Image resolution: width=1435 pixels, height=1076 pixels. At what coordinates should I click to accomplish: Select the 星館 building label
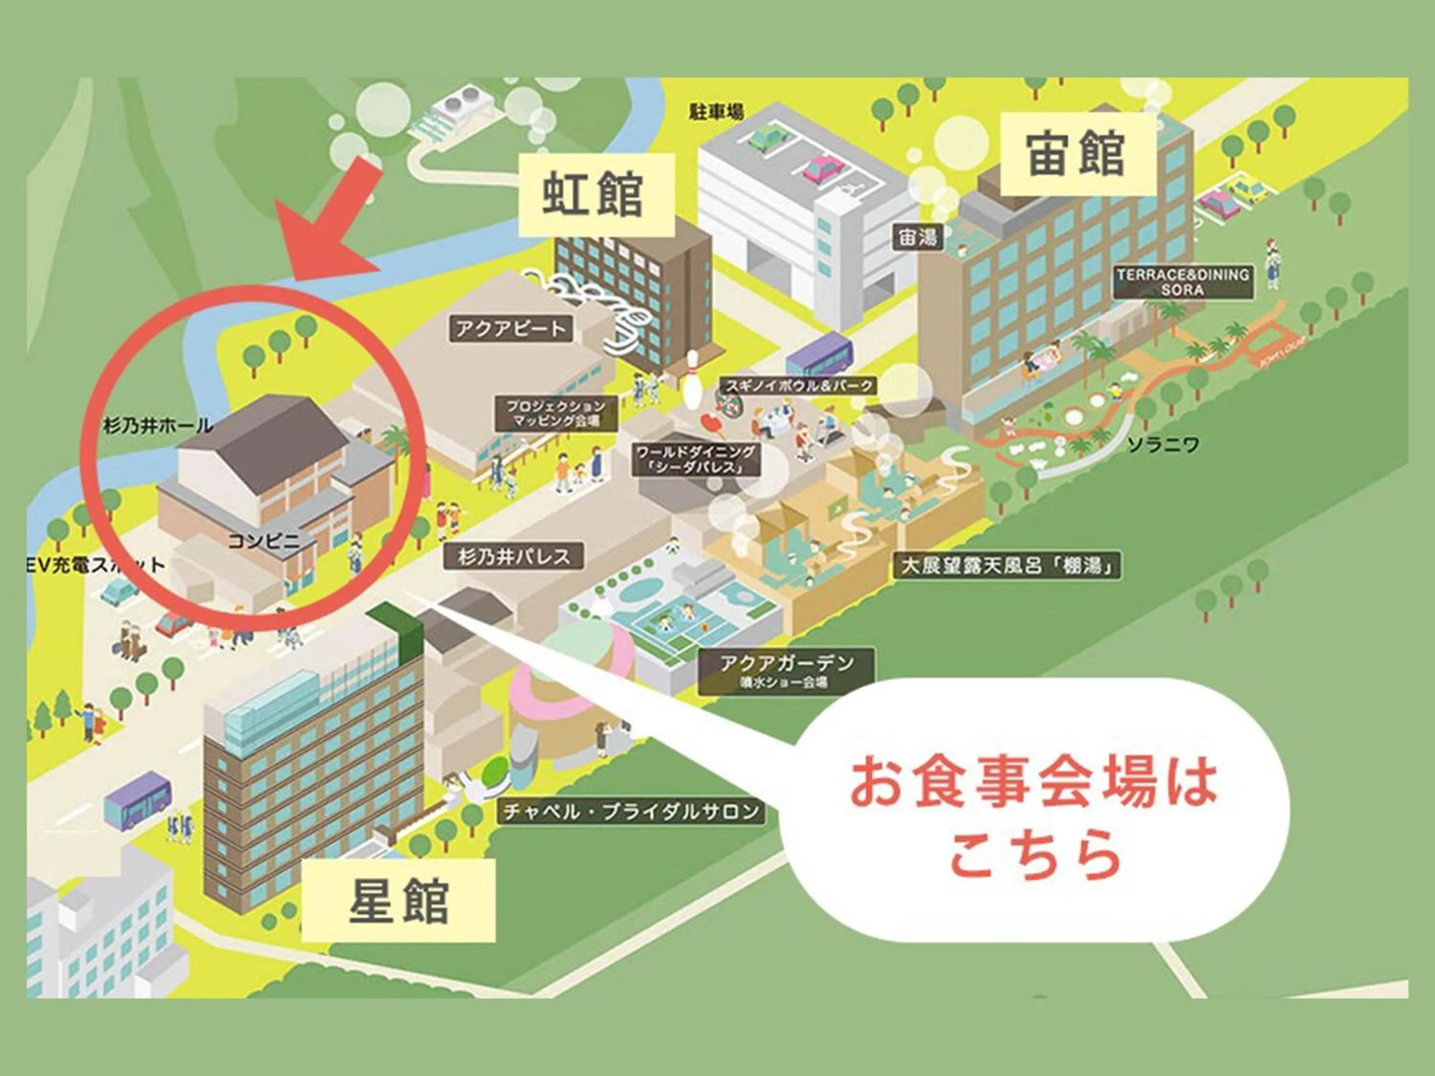tap(398, 901)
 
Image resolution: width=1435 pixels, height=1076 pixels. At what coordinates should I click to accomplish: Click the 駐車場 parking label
tap(716, 112)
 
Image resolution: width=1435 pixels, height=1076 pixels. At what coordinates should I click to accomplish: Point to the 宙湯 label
tap(917, 238)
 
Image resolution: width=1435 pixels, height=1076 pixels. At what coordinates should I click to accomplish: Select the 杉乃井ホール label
tap(157, 426)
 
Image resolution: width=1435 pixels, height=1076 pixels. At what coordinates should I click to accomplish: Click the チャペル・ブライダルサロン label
tap(631, 811)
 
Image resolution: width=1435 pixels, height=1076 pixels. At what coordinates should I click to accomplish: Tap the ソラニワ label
tap(1163, 445)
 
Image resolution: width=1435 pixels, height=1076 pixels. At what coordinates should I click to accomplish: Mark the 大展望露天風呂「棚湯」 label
tap(1007, 565)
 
